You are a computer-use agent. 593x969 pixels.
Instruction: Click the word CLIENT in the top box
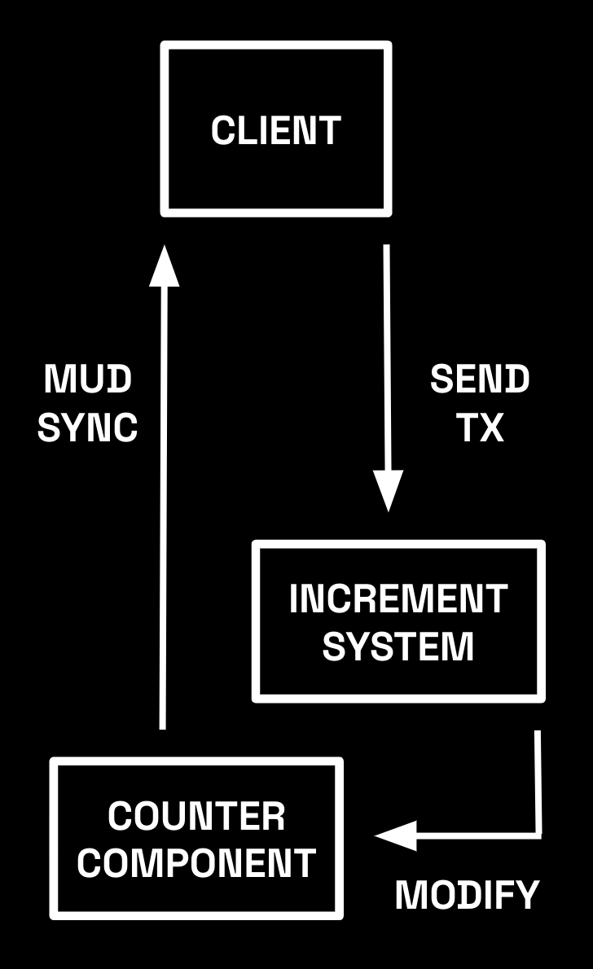[x=275, y=130]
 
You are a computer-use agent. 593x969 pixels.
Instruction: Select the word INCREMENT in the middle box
[x=398, y=599]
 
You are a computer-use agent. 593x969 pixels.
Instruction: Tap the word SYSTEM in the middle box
[x=398, y=647]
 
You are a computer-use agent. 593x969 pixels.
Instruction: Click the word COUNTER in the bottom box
[x=196, y=817]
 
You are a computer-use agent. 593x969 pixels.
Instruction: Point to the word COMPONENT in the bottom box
[x=196, y=863]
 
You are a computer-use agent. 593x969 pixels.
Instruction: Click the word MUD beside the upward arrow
[x=88, y=379]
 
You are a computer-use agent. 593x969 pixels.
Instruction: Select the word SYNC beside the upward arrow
[x=88, y=427]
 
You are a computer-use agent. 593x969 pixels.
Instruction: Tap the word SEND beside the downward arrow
[x=480, y=379]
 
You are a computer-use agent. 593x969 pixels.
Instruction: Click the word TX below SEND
[x=480, y=427]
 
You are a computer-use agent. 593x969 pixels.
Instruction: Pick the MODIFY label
[x=467, y=896]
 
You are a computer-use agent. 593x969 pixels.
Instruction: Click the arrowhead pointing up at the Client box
[x=164, y=265]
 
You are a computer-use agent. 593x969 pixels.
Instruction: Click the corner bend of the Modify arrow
[x=538, y=833]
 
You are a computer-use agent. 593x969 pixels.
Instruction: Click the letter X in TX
[x=492, y=427]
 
